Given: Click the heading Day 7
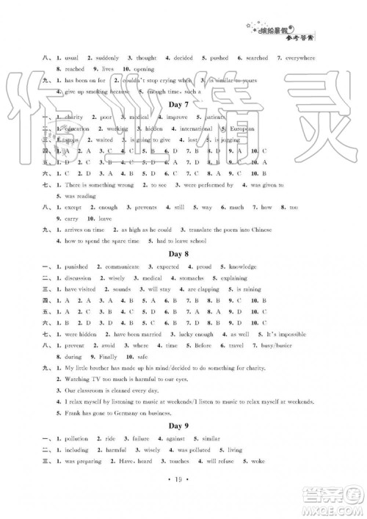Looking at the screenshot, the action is (183, 104).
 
